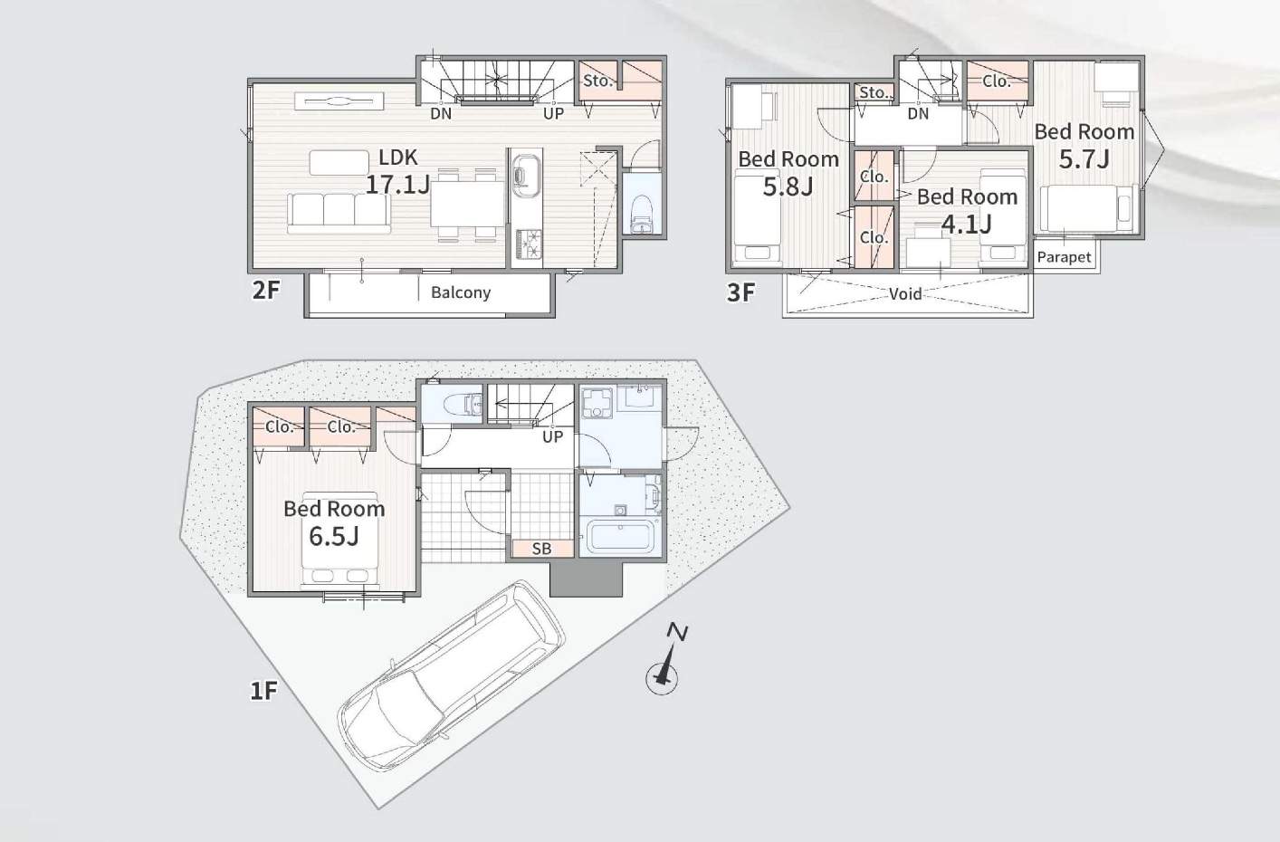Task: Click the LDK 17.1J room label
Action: pos(397,171)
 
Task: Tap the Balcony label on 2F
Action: pos(461,292)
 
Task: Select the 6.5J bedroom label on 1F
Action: pos(334,523)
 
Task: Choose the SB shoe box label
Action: pos(541,549)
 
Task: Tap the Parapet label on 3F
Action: pos(1064,257)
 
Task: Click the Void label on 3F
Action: pos(905,294)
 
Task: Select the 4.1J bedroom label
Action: pos(968,211)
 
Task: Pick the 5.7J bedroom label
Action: pos(1084,146)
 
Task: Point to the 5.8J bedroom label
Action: pos(788,173)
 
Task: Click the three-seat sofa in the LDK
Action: pos(339,213)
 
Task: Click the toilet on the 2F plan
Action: pos(643,215)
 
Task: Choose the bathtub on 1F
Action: pos(621,537)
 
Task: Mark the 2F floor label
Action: pos(266,291)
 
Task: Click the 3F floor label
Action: pos(740,292)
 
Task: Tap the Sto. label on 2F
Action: pos(597,81)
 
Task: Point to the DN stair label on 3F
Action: pos(918,114)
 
